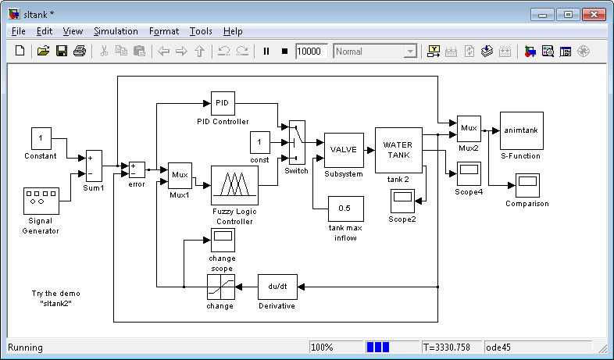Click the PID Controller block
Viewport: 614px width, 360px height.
223,103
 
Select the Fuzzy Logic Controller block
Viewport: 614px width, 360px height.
234,186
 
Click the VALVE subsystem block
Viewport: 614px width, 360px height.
344,150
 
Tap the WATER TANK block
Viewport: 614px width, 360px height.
398,150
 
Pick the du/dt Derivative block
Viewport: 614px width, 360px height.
277,287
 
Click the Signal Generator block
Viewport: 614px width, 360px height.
41,201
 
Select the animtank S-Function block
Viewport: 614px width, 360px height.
522,130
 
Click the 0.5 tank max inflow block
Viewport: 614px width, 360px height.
346,209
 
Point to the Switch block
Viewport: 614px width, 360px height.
297,142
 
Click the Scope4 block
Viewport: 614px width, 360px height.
469,173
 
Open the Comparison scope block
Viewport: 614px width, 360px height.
527,186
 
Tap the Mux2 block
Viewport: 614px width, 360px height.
469,129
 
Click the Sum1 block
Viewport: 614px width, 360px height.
94,166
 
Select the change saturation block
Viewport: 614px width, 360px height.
221,287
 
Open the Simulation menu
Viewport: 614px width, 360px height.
116,31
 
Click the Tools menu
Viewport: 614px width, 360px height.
201,31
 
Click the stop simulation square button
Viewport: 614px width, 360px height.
284,52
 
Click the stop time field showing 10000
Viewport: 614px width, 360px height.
312,52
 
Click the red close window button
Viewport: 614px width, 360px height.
594,15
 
